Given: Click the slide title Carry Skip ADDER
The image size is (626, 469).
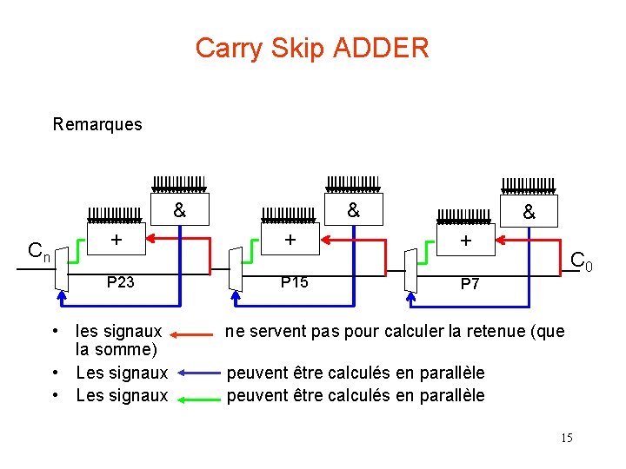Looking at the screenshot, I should (x=312, y=48).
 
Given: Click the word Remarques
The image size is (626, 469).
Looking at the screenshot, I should (x=97, y=124).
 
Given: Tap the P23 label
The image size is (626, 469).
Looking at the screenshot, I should (x=120, y=281).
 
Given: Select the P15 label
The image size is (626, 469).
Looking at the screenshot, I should (x=294, y=281).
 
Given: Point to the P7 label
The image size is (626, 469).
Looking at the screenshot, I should (x=469, y=284).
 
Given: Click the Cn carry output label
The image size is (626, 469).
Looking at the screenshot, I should (x=39, y=252).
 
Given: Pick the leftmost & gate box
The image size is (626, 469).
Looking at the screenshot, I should (x=178, y=210).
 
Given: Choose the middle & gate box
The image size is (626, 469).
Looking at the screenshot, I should (x=352, y=210).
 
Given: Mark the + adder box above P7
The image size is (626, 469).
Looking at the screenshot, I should (x=465, y=241).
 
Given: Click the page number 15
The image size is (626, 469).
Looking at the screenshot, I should (x=566, y=438).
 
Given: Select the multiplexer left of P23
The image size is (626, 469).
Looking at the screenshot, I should (x=60, y=270).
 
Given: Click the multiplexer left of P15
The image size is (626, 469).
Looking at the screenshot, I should (x=235, y=270).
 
